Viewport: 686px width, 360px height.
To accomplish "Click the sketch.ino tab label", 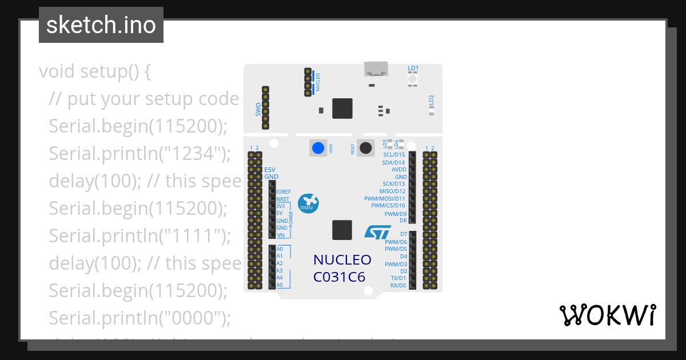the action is pos(101,25).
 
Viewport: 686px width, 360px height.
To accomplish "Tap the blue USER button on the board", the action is pos(317,148).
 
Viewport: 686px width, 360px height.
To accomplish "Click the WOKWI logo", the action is pos(607,315).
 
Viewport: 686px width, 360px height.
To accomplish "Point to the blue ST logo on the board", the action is pos(377,231).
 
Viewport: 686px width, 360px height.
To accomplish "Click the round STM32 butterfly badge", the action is pos(309,203).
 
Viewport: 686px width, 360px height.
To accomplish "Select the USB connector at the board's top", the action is pos(376,69).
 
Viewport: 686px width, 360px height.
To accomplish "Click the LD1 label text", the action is pos(413,68).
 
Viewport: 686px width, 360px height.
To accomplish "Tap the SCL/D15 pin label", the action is pos(394,155).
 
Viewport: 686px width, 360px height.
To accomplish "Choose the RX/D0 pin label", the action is pos(398,285).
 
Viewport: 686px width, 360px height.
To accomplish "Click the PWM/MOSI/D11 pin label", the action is pos(384,198).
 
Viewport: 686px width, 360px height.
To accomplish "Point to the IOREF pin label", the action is pos(284,192).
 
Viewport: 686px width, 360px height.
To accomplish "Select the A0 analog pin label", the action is pos(280,249).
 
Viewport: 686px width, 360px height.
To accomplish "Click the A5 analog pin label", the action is pos(280,285).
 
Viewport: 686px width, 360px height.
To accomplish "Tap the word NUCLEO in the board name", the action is pos(342,260).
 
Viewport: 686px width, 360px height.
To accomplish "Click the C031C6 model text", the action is pos(339,277).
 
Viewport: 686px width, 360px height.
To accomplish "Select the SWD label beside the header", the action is pos(258,110).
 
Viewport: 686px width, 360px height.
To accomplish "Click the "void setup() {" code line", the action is pos(95,72).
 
